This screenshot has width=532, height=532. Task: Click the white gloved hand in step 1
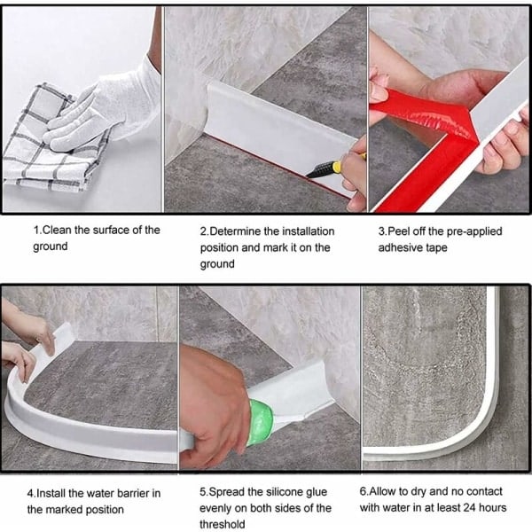tap(106, 108)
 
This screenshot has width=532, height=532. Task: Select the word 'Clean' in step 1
tap(57, 230)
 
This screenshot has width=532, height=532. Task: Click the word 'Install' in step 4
tap(51, 493)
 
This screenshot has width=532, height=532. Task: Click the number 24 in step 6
tap(470, 507)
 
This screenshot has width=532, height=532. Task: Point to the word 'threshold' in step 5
tap(223, 524)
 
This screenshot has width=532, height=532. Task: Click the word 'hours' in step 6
tap(493, 507)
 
